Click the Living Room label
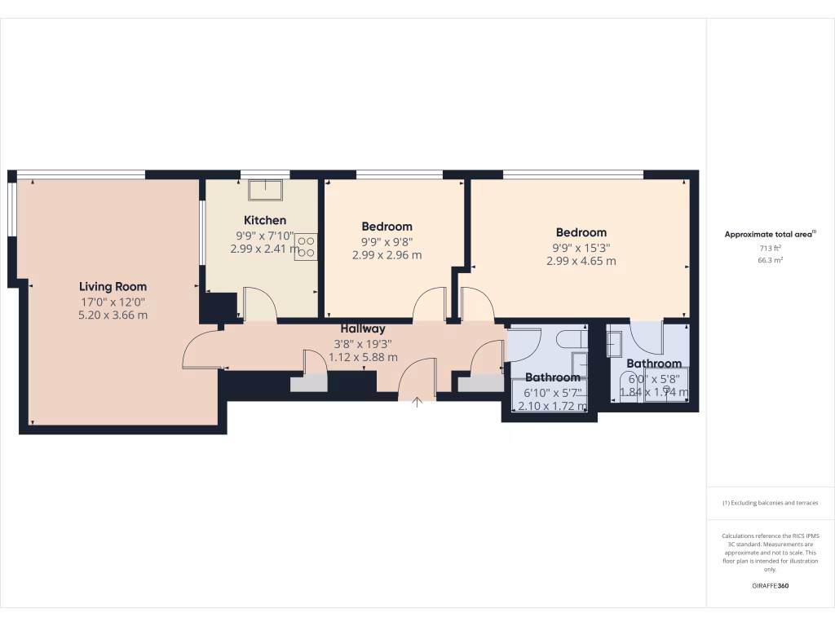coord(113,286)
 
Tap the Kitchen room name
coord(265,220)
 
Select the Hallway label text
coord(363,328)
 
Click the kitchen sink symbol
coord(266,190)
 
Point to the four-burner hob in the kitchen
coord(306,247)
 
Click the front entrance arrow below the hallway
coord(417,401)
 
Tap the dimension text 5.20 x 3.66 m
coord(113,315)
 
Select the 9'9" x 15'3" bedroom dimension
coord(581,247)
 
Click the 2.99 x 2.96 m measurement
coord(387,255)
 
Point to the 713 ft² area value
coord(771,249)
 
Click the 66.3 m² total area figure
coord(771,261)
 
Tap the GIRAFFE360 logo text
coord(771,585)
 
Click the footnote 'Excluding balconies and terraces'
coord(770,503)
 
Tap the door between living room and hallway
coord(199,351)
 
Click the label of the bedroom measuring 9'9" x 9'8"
coord(387,227)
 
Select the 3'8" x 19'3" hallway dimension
coord(363,343)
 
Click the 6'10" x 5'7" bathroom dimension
coord(552,392)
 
